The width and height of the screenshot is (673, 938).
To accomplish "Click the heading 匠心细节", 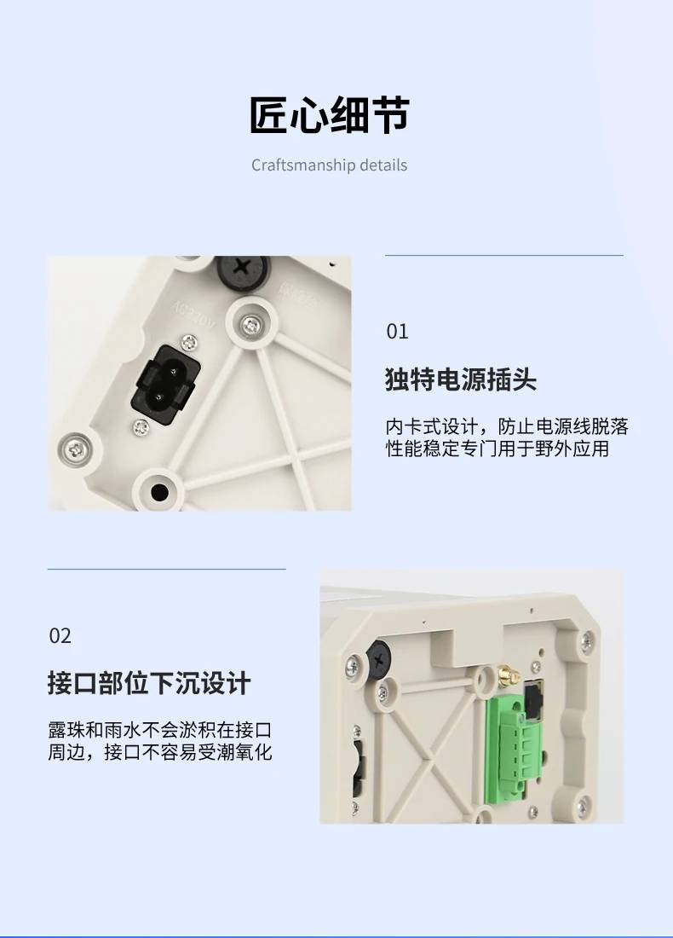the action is [x=330, y=115].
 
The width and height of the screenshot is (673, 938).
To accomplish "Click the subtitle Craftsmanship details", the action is [x=330, y=165].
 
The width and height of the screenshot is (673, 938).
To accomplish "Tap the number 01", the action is [x=398, y=332].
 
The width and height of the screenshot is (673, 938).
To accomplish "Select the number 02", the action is [x=60, y=636].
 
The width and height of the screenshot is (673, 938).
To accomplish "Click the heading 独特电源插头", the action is [x=461, y=379].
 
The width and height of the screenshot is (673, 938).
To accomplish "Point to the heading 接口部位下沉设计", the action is [x=149, y=683].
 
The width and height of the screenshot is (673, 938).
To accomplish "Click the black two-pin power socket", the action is [x=165, y=385].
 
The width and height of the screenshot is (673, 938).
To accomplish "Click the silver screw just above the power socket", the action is [x=189, y=342].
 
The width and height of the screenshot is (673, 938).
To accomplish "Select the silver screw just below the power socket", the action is [x=141, y=427].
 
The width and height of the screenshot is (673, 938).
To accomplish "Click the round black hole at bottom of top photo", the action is [x=159, y=492].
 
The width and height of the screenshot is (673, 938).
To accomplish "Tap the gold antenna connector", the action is [x=506, y=675].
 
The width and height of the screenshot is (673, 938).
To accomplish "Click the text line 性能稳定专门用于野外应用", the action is [x=498, y=449].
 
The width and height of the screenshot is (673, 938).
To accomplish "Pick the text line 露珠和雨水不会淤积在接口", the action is [x=160, y=730].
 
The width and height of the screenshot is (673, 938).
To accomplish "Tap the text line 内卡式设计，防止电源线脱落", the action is [x=507, y=426].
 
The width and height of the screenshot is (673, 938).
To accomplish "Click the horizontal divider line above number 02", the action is [x=167, y=569].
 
